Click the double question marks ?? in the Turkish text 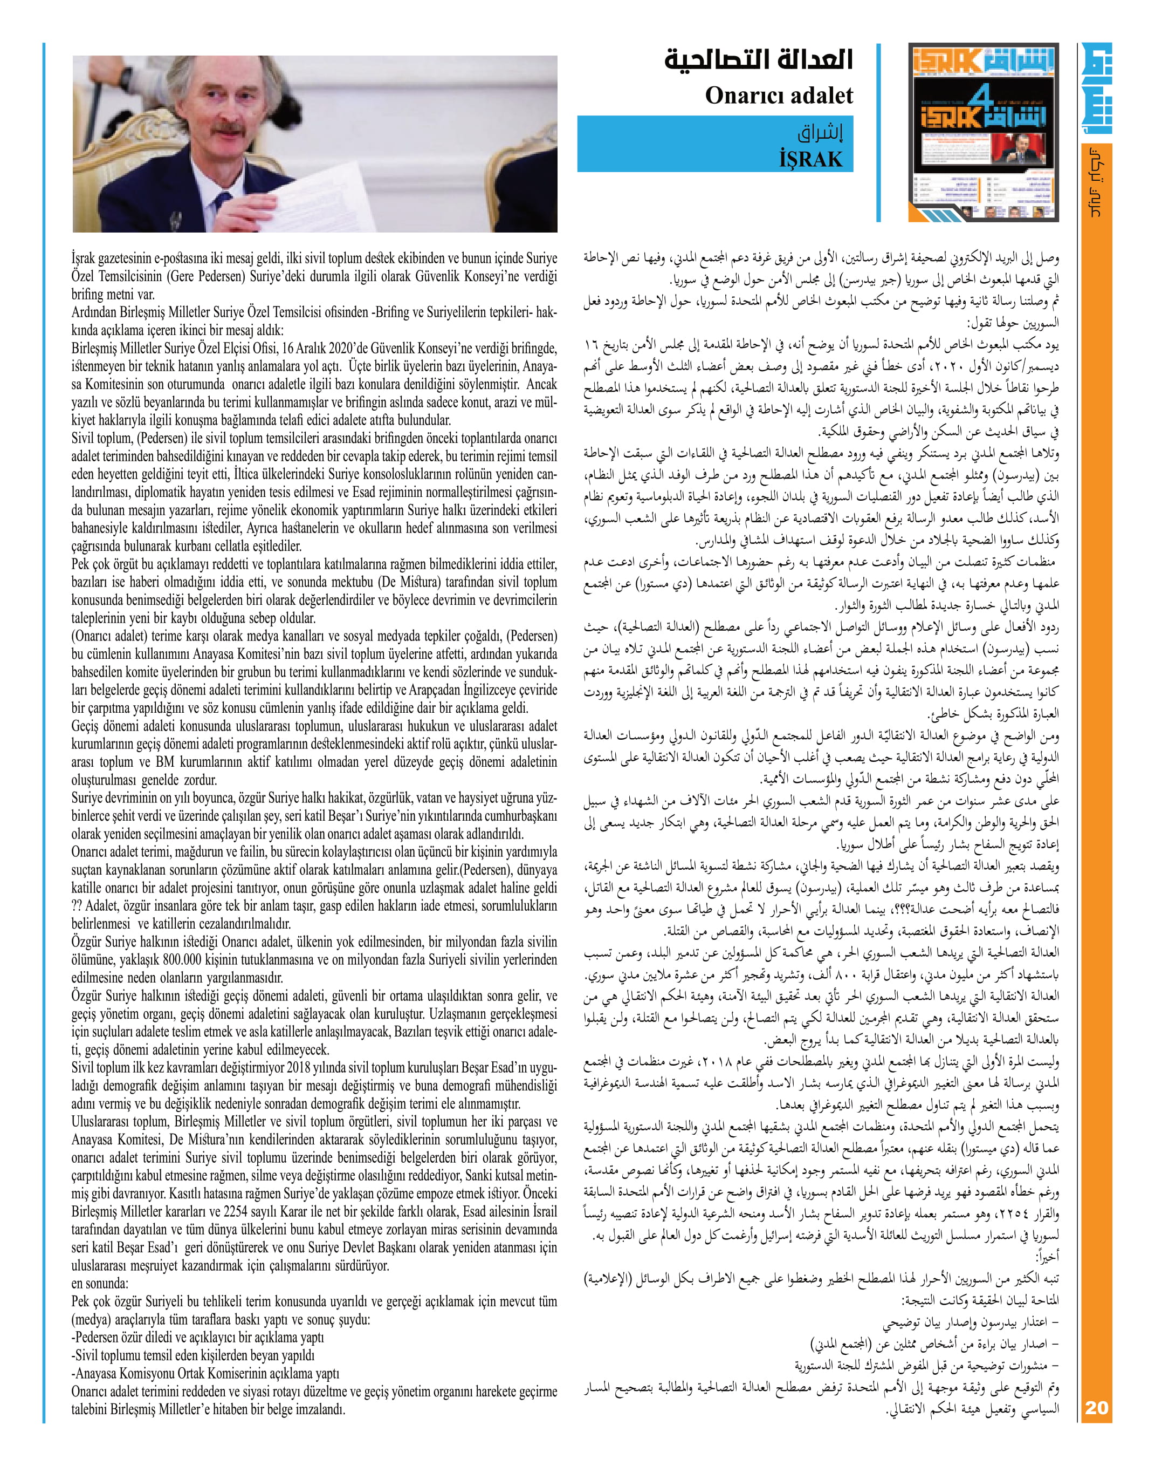tap(77, 906)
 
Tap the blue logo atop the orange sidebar tap(1096, 88)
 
